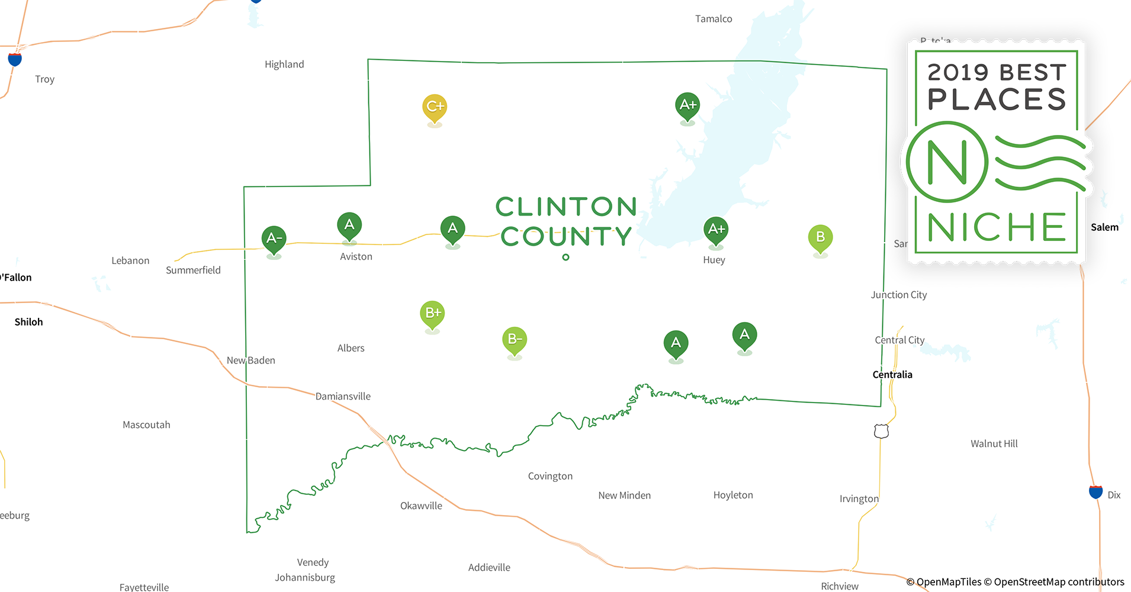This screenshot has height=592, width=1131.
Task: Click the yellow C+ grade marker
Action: tap(435, 107)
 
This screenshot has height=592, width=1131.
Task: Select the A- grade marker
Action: tap(274, 238)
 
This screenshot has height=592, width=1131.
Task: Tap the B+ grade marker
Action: tap(432, 313)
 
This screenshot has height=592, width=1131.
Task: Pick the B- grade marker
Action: tap(515, 339)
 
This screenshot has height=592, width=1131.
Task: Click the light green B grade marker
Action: tap(820, 237)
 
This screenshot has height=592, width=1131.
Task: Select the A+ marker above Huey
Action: tap(716, 229)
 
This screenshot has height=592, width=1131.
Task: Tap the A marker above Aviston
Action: tap(349, 225)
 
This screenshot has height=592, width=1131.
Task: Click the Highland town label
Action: tap(284, 65)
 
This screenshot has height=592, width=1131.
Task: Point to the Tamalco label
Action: tap(714, 19)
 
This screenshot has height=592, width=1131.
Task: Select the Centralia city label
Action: tap(892, 375)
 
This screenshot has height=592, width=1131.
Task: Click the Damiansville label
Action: tap(343, 397)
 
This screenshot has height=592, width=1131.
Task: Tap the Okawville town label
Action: tap(421, 506)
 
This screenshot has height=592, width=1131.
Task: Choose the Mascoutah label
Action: tap(146, 425)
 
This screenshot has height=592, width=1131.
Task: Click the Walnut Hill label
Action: tap(994, 444)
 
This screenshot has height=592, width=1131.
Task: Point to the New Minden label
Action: tap(624, 496)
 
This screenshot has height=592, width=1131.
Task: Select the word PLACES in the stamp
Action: tap(997, 99)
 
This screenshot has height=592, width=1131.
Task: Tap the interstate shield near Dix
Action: tap(1095, 491)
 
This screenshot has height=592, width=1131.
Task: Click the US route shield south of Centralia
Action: tap(881, 431)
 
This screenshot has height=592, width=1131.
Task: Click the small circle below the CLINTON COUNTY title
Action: tap(565, 257)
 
